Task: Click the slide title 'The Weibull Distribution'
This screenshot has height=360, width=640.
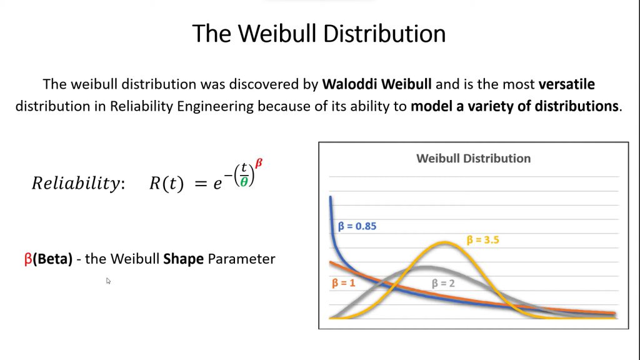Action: click(319, 34)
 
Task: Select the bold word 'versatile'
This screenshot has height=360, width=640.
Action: click(566, 84)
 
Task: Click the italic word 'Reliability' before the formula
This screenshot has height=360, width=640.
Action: click(76, 183)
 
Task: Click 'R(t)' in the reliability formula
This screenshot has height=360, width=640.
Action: click(166, 183)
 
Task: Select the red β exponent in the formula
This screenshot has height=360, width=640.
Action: click(259, 164)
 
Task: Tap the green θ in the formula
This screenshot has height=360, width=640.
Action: click(244, 182)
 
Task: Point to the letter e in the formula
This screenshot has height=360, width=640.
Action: click(217, 184)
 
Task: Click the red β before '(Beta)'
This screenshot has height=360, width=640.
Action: click(28, 259)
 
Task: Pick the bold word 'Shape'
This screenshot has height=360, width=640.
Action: click(183, 259)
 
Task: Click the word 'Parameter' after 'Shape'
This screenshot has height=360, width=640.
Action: click(242, 259)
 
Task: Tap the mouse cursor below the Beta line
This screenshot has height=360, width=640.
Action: click(108, 281)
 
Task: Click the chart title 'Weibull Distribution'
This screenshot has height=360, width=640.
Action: click(474, 158)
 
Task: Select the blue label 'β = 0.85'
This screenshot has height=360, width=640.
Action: click(357, 226)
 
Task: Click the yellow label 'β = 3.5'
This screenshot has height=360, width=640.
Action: click(483, 239)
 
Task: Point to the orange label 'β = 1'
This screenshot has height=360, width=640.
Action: click(343, 283)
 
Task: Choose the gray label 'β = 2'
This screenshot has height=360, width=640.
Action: click(443, 283)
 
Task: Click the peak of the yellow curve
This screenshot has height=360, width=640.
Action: click(445, 243)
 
